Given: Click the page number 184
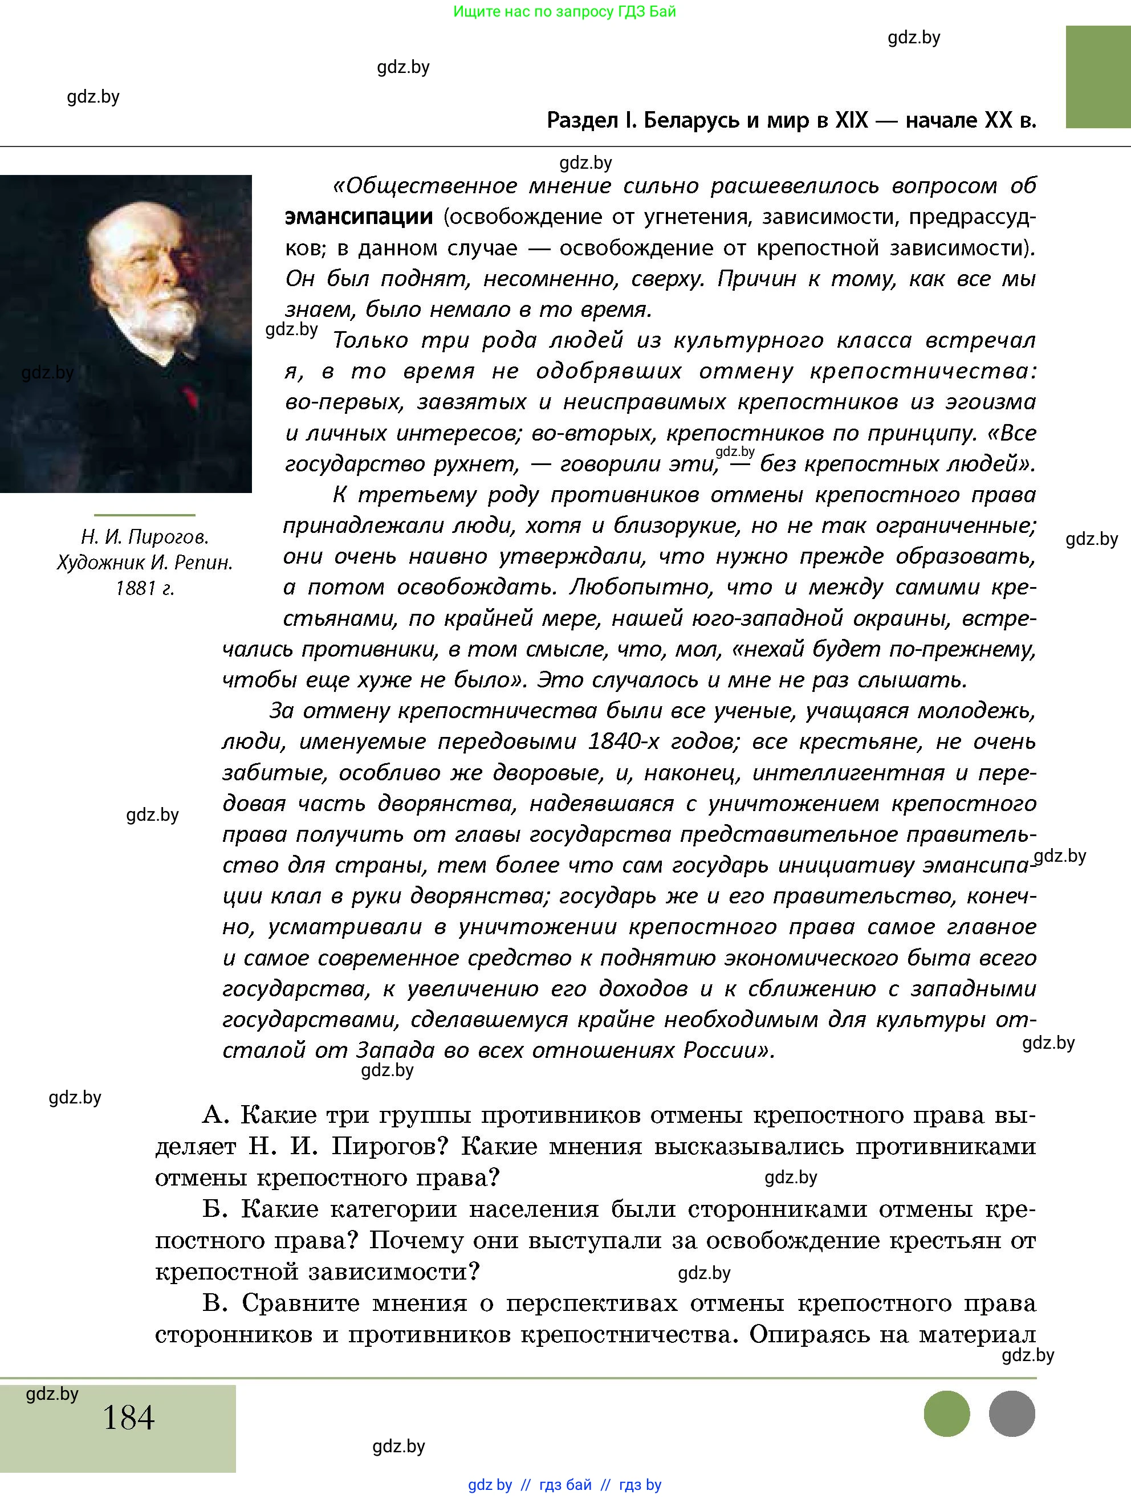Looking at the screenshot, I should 128,1417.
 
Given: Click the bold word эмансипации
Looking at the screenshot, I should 359,217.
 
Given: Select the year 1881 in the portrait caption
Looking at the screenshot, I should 135,588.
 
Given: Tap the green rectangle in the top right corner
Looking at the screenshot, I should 1097,76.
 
